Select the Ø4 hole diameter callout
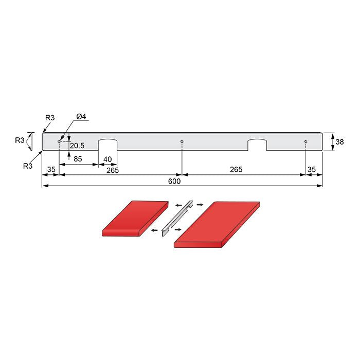[x=81, y=117]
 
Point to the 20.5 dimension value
[x=77, y=146]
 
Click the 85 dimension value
[x=78, y=159]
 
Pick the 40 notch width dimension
[x=108, y=159]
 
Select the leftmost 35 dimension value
[x=51, y=169]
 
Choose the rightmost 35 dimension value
[x=312, y=169]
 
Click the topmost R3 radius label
[x=50, y=118]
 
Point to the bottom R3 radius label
[x=29, y=166]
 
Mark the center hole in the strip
[x=182, y=141]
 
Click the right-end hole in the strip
[x=305, y=141]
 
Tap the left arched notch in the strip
[x=108, y=145]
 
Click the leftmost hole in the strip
[x=59, y=141]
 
